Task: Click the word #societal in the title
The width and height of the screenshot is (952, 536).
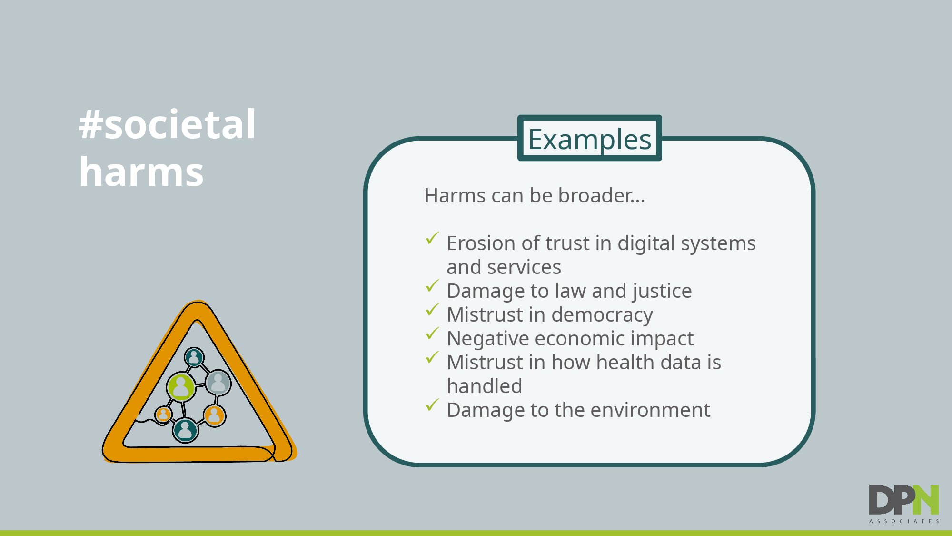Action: (167, 124)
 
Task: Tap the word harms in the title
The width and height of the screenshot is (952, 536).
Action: (141, 172)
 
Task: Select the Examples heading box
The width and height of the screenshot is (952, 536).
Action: (589, 138)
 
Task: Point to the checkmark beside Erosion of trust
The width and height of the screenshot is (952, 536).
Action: (432, 238)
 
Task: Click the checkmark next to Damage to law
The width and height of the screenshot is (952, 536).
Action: (432, 285)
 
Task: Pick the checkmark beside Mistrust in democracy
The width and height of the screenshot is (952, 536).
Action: (432, 309)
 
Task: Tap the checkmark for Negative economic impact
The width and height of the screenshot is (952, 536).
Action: (432, 333)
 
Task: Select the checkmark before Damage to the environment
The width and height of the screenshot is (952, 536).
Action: (432, 405)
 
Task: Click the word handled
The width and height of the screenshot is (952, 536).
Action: (485, 386)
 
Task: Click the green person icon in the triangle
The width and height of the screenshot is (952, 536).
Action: (181, 386)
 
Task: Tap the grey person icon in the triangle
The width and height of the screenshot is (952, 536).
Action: (218, 382)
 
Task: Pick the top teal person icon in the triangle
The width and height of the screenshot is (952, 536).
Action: (194, 357)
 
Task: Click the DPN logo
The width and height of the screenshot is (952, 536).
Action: (903, 500)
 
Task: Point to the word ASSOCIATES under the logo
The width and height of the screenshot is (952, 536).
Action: (904, 521)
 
